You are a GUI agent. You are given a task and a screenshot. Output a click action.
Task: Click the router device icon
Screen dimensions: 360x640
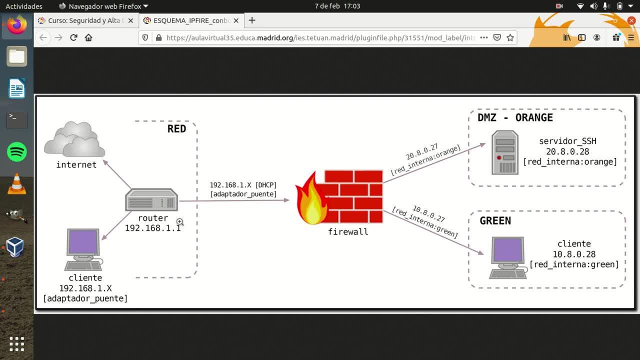151,200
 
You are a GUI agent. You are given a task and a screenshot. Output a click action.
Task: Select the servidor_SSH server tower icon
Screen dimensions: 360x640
504,152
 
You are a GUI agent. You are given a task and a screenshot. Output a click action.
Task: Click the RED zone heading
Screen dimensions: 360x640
176,128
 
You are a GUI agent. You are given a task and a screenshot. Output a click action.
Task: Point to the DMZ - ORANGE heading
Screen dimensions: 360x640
515,117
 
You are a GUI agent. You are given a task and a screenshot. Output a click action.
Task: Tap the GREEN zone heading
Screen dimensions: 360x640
495,220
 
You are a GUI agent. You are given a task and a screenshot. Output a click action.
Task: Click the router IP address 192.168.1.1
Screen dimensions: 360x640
153,228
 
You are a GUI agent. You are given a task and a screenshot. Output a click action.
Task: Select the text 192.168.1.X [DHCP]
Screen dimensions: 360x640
243,185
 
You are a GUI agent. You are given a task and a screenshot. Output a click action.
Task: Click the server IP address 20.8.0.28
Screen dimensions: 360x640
567,151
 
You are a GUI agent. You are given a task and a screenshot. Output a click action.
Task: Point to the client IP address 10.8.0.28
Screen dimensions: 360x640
574,254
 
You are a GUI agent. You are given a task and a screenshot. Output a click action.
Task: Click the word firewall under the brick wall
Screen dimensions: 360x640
348,231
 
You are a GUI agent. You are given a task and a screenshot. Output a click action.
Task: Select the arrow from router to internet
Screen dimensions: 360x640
117,174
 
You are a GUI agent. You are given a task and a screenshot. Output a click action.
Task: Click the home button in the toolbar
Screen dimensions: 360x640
88,37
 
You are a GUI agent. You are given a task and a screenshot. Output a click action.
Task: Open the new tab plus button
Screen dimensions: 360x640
252,20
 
